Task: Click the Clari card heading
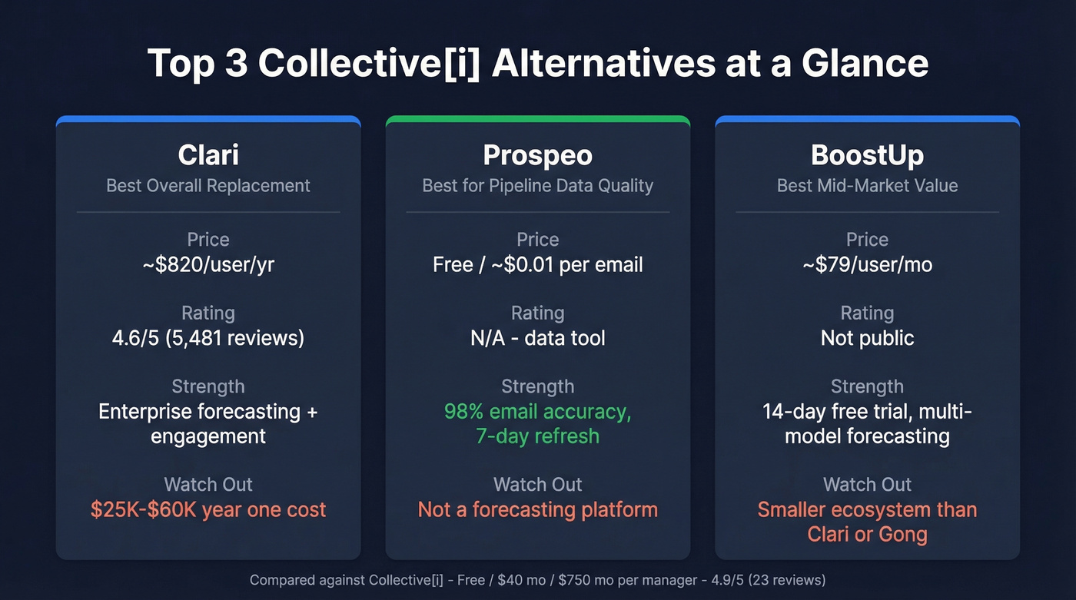(208, 155)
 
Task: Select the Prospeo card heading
(538, 155)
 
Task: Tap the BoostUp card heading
(867, 155)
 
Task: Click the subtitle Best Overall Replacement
(208, 185)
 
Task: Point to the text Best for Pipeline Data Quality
(538, 185)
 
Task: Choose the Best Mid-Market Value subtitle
(867, 185)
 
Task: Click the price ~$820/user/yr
(208, 265)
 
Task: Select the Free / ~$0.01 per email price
(538, 265)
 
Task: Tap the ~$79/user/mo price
(867, 265)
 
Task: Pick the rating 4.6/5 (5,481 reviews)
(208, 338)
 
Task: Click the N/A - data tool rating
(538, 338)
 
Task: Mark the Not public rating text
(867, 338)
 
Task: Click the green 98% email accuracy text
(538, 412)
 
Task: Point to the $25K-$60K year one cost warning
(208, 509)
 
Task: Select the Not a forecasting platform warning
(538, 509)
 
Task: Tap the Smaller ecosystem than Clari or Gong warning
(867, 522)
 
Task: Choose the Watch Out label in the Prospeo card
(538, 485)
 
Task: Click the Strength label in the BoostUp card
(867, 386)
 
